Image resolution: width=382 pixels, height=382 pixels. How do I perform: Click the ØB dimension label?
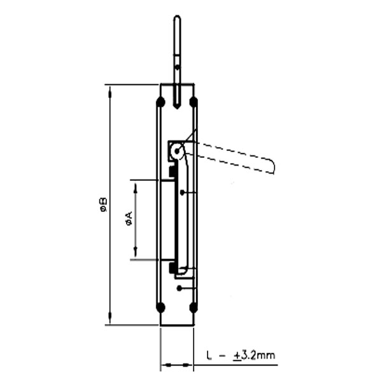pyautogui.click(x=103, y=205)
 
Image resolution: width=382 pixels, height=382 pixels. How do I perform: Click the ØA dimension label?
pyautogui.click(x=129, y=220)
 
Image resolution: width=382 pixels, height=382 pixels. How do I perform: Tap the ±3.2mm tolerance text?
pyautogui.click(x=254, y=355)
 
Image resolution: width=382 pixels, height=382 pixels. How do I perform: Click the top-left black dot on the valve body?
pyautogui.click(x=160, y=102)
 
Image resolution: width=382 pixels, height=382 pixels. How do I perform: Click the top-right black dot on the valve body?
pyautogui.click(x=194, y=102)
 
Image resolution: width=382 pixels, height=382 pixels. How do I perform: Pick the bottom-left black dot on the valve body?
pyautogui.click(x=160, y=308)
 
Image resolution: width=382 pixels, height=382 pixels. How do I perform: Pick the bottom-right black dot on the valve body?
pyautogui.click(x=194, y=308)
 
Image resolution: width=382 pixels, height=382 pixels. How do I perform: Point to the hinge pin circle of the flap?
pyautogui.click(x=178, y=152)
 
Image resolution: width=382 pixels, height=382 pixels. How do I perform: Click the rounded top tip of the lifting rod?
pyautogui.click(x=177, y=18)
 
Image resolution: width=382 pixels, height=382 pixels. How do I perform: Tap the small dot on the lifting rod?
pyautogui.click(x=177, y=66)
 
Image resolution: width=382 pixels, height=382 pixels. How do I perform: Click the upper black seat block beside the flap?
pyautogui.click(x=173, y=172)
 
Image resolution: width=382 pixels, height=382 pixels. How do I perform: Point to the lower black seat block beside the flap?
pyautogui.click(x=173, y=268)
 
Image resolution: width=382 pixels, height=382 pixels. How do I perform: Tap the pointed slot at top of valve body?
pyautogui.click(x=177, y=99)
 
